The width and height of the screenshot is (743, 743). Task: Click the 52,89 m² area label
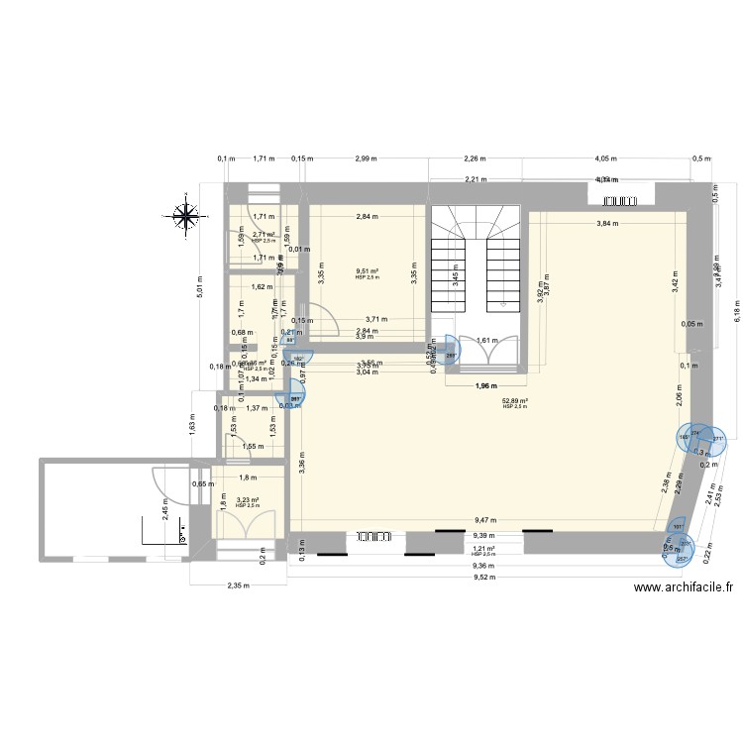[x=515, y=401]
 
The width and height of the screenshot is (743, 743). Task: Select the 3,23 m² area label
[x=247, y=501]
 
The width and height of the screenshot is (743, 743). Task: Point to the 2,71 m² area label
[x=263, y=236]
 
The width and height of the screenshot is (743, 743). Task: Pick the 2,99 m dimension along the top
[x=366, y=159]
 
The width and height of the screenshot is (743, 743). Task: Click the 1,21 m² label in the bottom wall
[x=483, y=548]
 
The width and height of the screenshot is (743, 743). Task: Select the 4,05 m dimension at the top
[x=607, y=159]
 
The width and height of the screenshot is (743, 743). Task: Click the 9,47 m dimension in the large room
[x=485, y=519]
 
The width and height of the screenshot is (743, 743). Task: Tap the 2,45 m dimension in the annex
[x=165, y=509]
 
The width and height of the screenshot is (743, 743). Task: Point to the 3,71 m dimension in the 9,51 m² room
[x=377, y=320]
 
